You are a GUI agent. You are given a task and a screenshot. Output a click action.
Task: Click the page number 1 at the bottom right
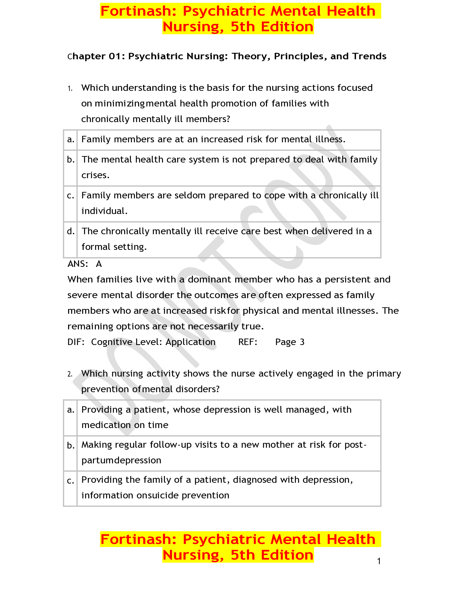coord(379,561)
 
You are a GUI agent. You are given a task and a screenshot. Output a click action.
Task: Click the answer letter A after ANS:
coord(99,264)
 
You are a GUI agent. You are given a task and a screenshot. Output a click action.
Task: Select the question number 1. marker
coord(70,88)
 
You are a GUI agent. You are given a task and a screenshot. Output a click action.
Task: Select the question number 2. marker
coord(70,374)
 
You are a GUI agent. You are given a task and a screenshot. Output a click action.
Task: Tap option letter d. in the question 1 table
coord(71,231)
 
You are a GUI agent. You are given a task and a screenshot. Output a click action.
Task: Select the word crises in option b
coord(95,175)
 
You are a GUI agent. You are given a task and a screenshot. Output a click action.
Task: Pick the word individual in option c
coord(104,211)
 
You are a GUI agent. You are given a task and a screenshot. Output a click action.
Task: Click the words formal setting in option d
coord(114,247)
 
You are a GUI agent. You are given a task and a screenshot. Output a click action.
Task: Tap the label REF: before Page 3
coord(248,342)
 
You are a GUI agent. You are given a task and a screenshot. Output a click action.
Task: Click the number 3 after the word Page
coord(302,342)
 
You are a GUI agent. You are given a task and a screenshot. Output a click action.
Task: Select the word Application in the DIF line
coord(190,342)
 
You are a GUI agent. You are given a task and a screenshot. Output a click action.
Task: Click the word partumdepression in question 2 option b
coord(121,460)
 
